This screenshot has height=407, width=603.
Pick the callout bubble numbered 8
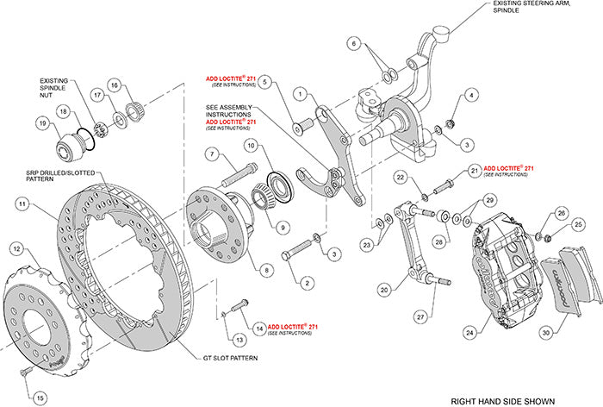266,269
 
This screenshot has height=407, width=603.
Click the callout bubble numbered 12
16,248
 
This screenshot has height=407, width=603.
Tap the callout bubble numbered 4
469,95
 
